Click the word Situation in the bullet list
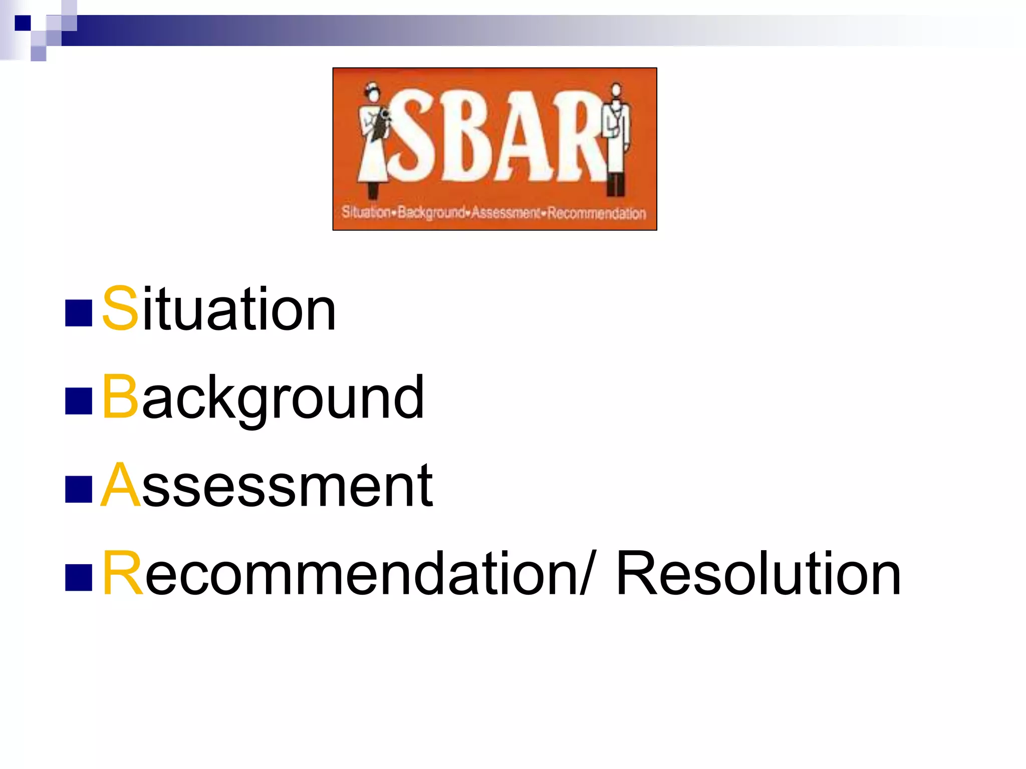219,309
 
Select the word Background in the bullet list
263,397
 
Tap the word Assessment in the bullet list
267,485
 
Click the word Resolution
758,573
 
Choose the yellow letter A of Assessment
121,484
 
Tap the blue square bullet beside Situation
79,313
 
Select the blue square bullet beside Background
79,401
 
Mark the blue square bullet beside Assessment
79,489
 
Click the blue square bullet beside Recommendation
79,577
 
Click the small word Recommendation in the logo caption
596,213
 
